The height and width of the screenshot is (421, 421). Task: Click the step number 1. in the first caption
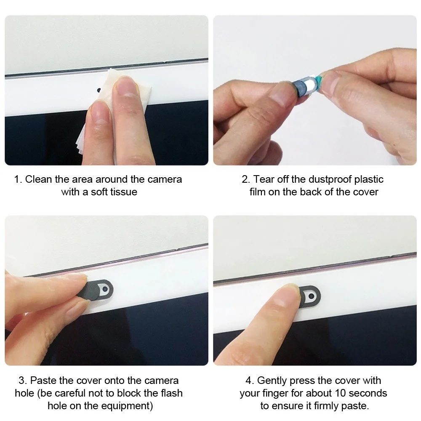[18, 179]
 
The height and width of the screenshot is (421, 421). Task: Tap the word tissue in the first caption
[124, 192]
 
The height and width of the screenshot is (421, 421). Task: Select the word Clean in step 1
[39, 179]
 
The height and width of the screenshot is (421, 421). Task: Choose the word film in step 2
[258, 192]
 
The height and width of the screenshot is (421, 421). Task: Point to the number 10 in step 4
[341, 393]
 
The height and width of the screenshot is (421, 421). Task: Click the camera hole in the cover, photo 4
[312, 296]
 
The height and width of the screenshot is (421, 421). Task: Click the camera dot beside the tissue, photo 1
[99, 90]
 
